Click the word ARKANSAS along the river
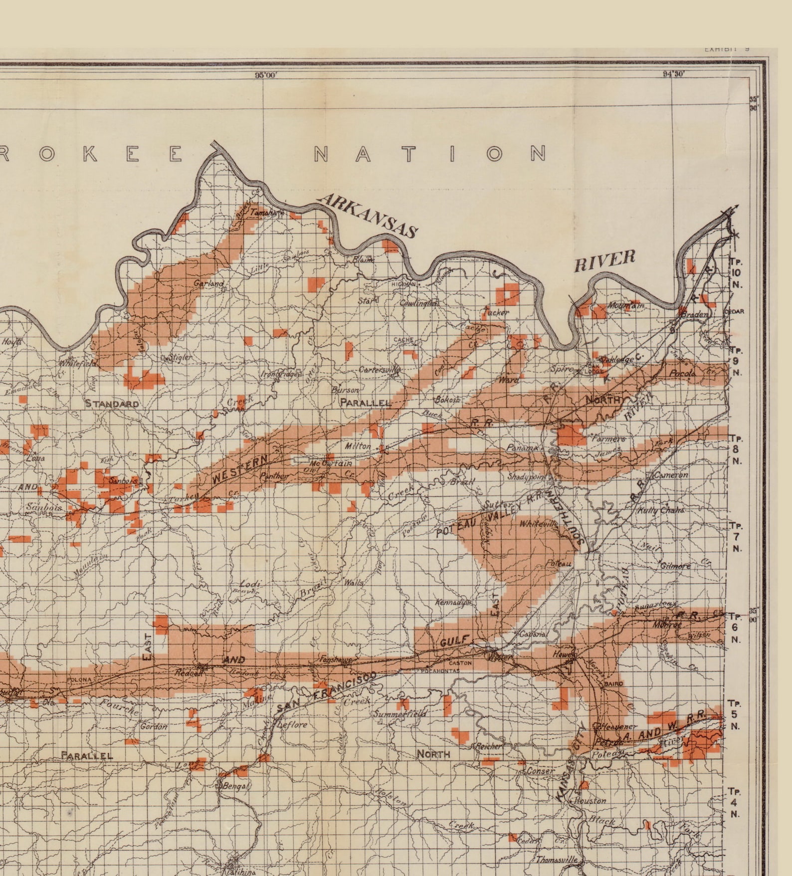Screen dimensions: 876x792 (369, 216)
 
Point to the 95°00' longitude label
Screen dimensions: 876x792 (266, 75)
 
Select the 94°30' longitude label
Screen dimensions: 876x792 (673, 74)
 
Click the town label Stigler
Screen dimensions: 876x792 (179, 357)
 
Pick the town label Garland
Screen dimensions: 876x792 (209, 283)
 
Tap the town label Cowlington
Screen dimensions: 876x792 (419, 303)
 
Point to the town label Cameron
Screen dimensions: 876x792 (671, 475)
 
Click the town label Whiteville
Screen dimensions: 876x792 (538, 524)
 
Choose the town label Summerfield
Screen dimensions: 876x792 (399, 714)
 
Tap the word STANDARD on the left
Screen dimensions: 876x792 (112, 403)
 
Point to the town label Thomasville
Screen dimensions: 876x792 (557, 860)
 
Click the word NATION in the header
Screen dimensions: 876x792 (430, 154)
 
